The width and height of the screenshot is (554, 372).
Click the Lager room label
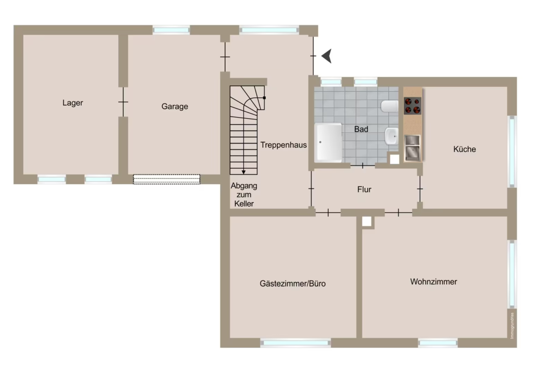pyautogui.click(x=72, y=103)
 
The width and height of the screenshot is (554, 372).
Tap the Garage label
pyautogui.click(x=175, y=107)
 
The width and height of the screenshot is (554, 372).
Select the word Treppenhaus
pyautogui.click(x=283, y=145)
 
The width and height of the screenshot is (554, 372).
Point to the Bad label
pyautogui.click(x=361, y=129)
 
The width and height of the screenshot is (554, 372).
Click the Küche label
pyautogui.click(x=464, y=149)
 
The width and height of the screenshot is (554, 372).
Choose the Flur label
pyautogui.click(x=364, y=190)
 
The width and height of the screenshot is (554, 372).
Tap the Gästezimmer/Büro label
pyautogui.click(x=293, y=283)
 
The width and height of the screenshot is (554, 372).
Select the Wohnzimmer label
pyautogui.click(x=434, y=282)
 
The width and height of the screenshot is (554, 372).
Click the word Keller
pyautogui.click(x=244, y=204)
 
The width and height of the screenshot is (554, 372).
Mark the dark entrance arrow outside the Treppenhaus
pyautogui.click(x=327, y=56)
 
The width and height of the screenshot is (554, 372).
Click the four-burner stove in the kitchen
pyautogui.click(x=412, y=106)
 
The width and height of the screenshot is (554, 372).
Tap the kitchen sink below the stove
pyautogui.click(x=412, y=148)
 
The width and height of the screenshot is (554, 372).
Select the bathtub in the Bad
pyautogui.click(x=328, y=143)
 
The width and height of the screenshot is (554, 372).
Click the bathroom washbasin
pyautogui.click(x=392, y=136)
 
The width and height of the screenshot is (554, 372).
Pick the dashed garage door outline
pyautogui.click(x=166, y=179)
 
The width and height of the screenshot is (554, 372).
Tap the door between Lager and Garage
pyautogui.click(x=123, y=102)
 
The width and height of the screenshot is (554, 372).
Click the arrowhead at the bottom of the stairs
pyautogui.click(x=243, y=172)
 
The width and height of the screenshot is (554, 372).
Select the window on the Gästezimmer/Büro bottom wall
pyautogui.click(x=296, y=343)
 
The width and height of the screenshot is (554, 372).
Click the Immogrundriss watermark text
pyautogui.click(x=512, y=326)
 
